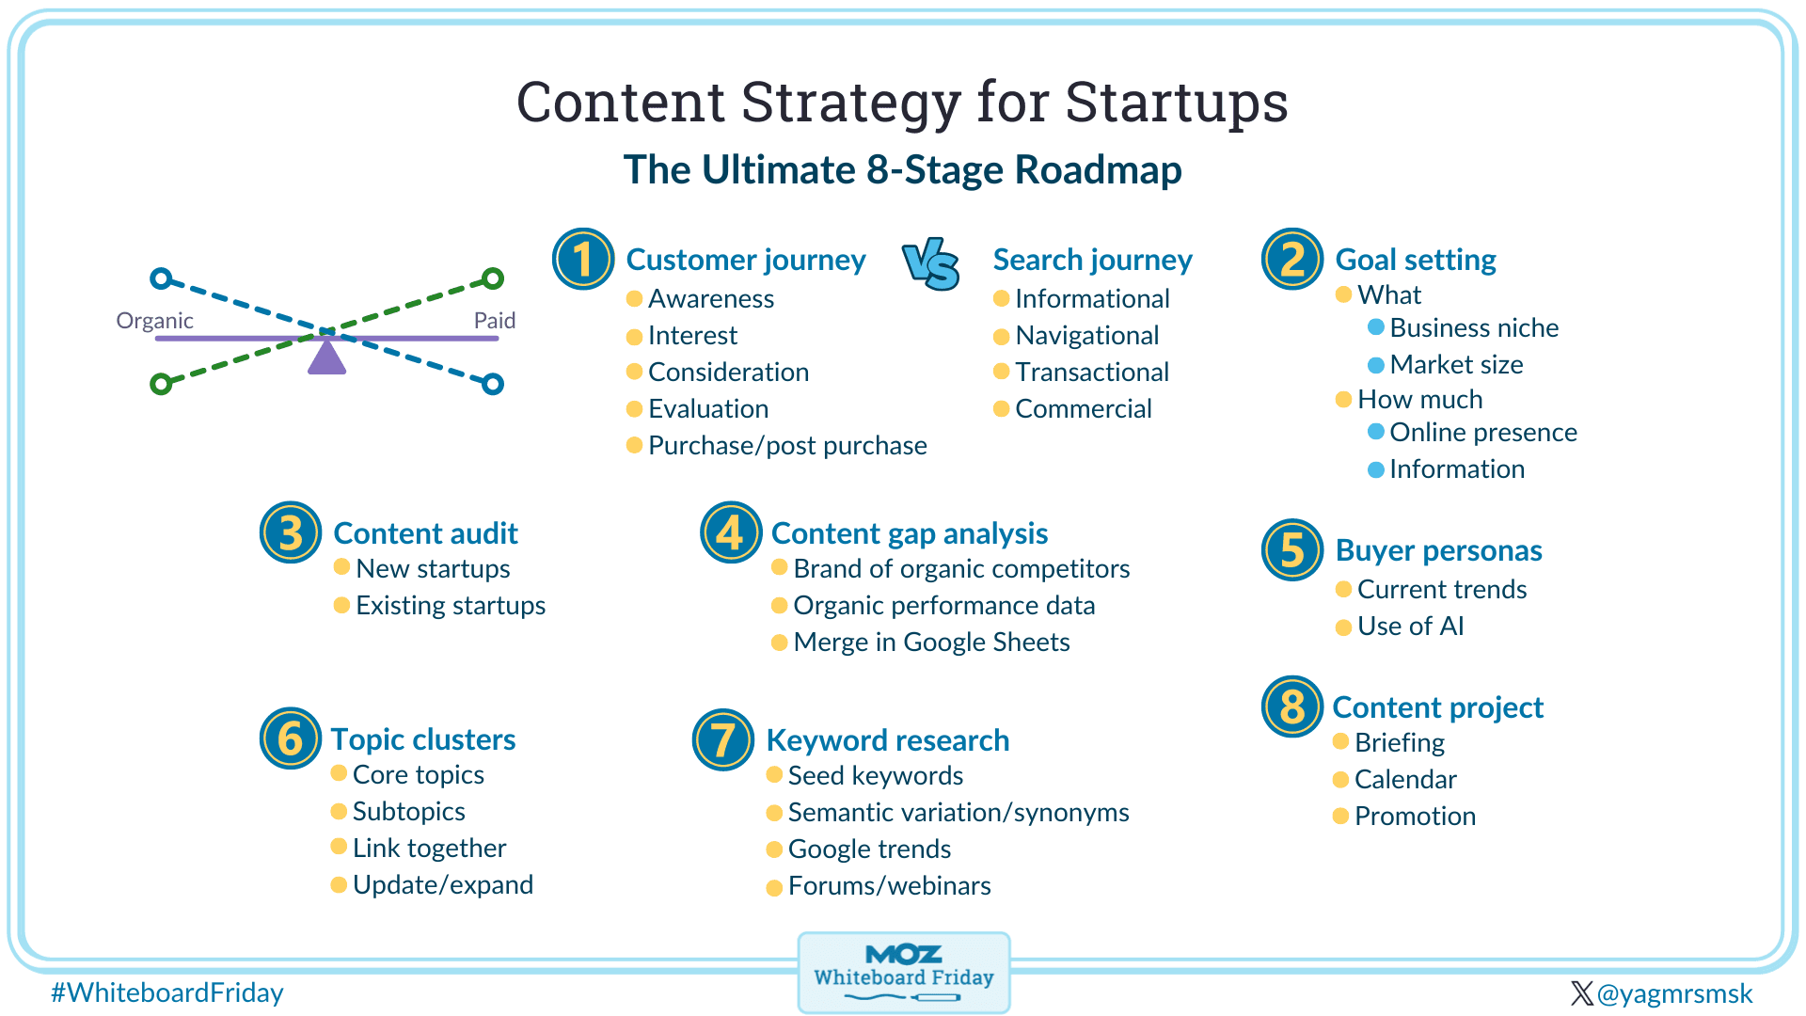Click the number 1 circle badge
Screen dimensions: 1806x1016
pos(583,259)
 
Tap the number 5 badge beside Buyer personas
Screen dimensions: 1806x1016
pos(1292,549)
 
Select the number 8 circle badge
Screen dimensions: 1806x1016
pos(1292,706)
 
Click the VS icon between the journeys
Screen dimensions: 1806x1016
pos(931,263)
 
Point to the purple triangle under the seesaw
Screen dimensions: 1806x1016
pos(326,357)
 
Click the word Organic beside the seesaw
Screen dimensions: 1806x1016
pos(154,321)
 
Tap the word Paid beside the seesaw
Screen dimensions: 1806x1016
pos(495,321)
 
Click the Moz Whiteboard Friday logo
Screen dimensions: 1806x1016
pos(904,973)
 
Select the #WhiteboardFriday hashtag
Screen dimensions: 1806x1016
pos(167,992)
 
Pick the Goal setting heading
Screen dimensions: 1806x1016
pos(1416,260)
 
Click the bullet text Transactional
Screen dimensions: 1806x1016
pos(1092,372)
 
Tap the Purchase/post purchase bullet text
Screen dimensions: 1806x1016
pos(787,445)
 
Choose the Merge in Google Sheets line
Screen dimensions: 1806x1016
pos(931,642)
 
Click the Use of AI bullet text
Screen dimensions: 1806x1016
pos(1411,626)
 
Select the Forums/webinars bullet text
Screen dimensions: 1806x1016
pos(890,885)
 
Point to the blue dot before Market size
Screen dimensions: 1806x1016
pos(1376,364)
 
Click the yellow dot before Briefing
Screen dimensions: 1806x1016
pos(1341,742)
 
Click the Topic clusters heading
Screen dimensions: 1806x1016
pos(423,739)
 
